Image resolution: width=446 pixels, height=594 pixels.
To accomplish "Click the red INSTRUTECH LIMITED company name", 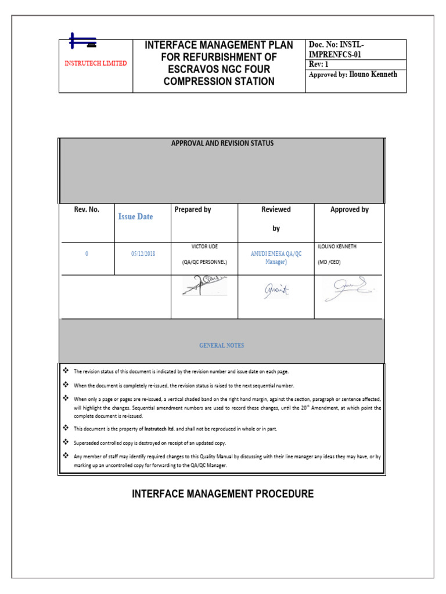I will pos(96,63).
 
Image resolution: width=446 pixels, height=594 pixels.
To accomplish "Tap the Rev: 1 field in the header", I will pos(319,64).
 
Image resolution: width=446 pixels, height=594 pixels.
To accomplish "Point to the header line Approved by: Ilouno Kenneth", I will pos(353,74).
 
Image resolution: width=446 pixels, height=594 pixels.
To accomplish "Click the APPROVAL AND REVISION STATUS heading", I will pos(222,143).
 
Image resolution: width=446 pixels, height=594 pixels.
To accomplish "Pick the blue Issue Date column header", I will pos(136,216).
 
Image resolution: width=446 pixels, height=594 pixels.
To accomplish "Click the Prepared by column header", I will pos(193,209).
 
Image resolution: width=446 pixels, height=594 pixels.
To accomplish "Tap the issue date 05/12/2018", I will pos(143,253).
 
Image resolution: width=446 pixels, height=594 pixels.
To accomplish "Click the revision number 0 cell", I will pos(87,253).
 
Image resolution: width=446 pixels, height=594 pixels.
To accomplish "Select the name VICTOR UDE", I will pos(204,247).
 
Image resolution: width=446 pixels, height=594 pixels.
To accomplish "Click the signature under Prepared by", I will pos(204,286).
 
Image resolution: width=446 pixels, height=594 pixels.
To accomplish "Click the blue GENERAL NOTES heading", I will pos(222,345).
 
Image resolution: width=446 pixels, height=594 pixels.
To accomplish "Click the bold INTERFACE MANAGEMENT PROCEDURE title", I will pos(222,494).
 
